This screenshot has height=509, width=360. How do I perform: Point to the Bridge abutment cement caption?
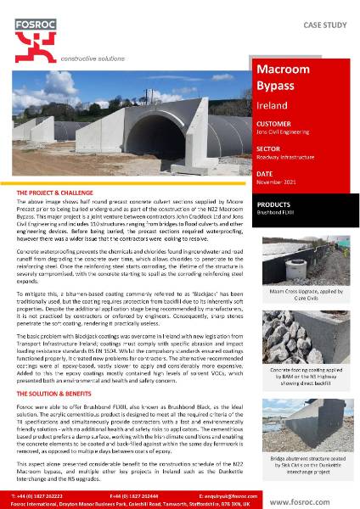click(x=303, y=464)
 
